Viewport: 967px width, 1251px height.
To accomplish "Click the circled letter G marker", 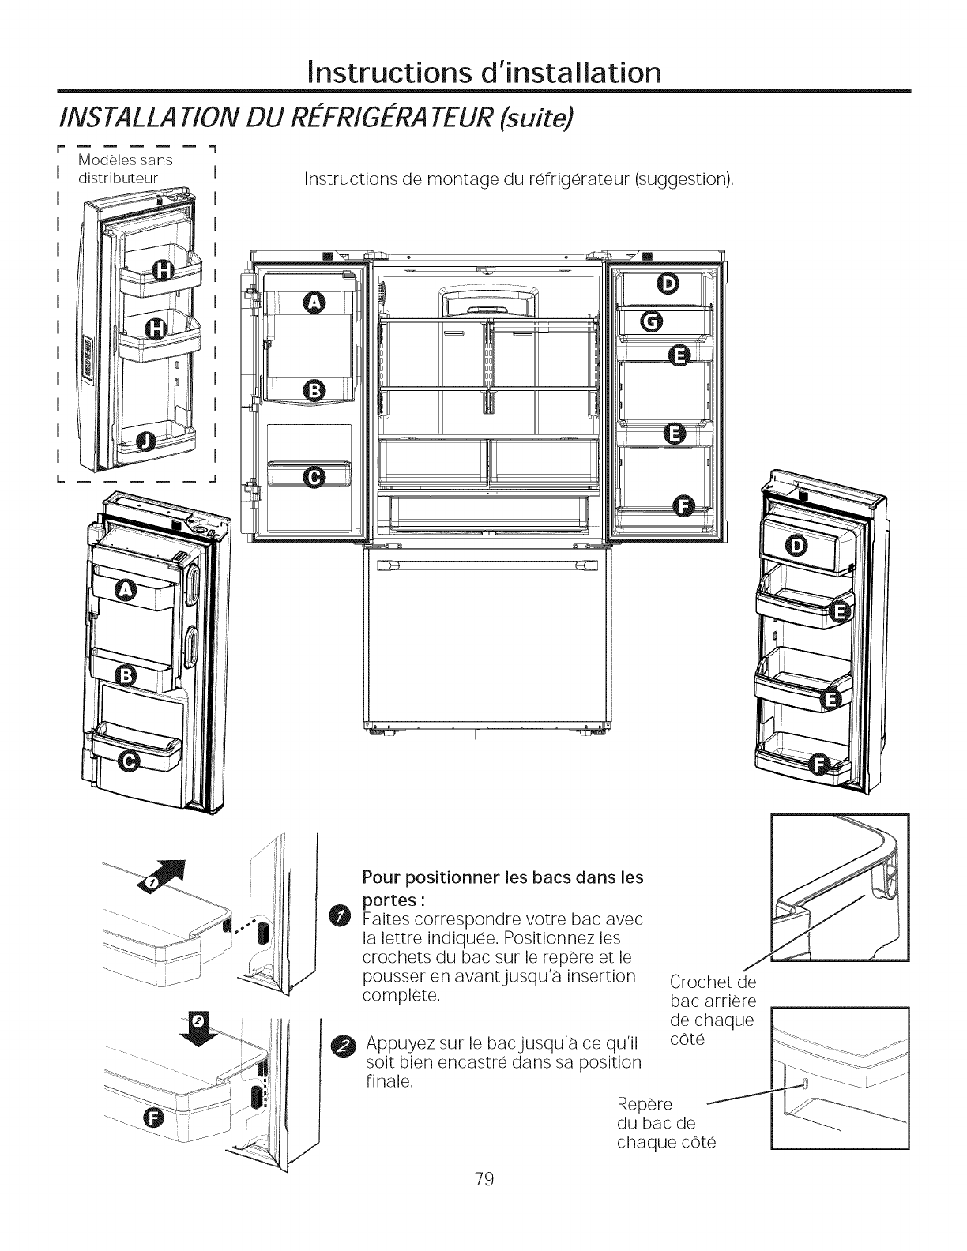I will click(x=652, y=321).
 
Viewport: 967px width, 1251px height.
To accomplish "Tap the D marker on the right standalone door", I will click(x=798, y=547).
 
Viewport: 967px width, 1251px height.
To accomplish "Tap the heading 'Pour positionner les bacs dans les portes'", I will click(x=502, y=888).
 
